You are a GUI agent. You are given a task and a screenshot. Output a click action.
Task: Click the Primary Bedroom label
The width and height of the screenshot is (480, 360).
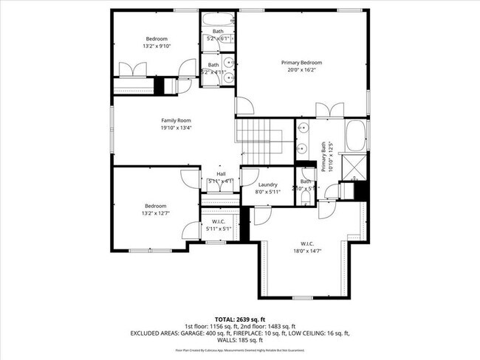(301, 63)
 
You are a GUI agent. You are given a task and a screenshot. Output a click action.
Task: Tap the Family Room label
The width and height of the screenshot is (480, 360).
(176, 120)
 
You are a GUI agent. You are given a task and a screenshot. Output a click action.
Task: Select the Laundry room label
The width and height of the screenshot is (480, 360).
(267, 185)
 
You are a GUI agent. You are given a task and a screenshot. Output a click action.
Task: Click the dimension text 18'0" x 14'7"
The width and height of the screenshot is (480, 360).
(307, 252)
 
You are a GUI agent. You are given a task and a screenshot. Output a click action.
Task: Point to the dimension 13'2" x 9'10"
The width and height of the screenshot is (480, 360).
(156, 46)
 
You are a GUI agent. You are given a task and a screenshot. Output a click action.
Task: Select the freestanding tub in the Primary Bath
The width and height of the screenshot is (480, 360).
(356, 136)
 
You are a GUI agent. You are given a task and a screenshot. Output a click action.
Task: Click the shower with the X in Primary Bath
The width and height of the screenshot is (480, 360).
(356, 164)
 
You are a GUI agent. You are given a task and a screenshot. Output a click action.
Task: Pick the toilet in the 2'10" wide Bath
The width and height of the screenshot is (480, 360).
(306, 197)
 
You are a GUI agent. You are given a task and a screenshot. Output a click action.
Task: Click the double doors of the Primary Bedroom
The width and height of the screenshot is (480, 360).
(329, 111)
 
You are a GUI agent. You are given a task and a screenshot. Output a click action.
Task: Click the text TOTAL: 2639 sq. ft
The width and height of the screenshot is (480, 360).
(240, 318)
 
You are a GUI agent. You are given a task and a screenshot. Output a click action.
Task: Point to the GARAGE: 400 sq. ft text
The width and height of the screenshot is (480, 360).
(212, 333)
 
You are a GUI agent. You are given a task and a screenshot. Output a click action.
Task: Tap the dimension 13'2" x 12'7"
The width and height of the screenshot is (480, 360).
(156, 213)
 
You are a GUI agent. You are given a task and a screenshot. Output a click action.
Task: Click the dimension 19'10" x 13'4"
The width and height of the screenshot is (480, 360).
(176, 128)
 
